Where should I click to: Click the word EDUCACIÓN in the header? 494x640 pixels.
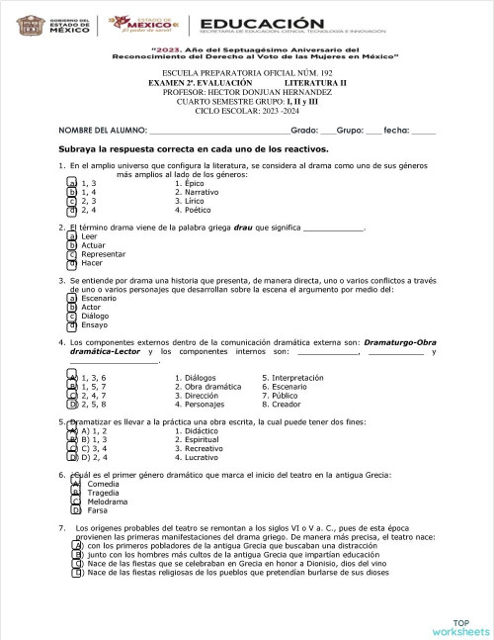pos(262,24)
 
